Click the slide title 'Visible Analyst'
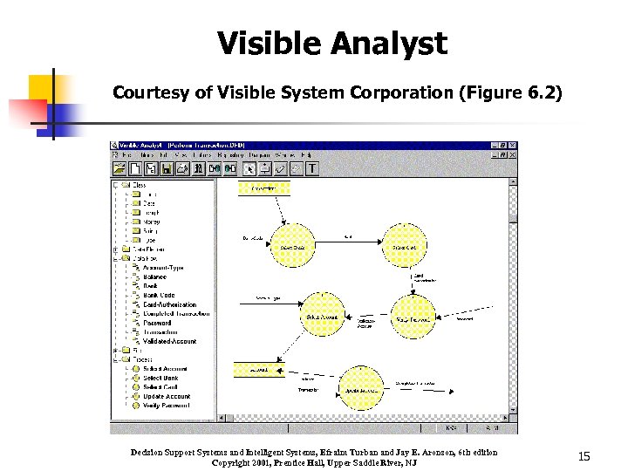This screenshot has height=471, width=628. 331,44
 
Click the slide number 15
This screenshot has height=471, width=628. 584,456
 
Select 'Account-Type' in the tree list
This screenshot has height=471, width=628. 163,268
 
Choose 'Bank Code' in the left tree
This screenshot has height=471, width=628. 159,296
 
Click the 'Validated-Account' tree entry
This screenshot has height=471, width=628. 169,341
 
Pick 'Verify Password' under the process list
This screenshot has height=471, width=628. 167,406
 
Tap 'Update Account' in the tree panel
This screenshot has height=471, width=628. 167,396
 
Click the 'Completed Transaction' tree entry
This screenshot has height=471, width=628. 176,314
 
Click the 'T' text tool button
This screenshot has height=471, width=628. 312,168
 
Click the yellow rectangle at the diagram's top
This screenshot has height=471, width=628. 263,188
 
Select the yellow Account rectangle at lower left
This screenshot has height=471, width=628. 259,370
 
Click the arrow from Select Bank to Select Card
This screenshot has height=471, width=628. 348,242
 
